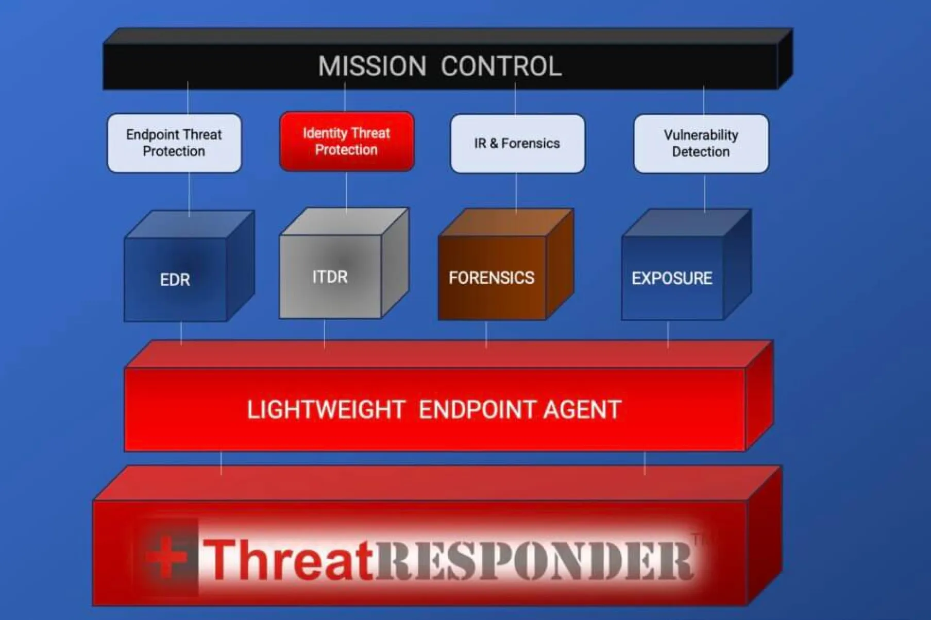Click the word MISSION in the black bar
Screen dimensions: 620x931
372,66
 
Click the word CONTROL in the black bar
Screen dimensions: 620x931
501,66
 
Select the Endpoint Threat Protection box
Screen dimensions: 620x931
174,143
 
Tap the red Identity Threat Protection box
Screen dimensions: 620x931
346,141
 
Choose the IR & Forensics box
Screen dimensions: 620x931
517,143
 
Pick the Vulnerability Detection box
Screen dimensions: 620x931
701,143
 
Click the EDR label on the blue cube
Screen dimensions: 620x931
175,280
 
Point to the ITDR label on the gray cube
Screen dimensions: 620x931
330,277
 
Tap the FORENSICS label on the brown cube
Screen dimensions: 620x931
491,278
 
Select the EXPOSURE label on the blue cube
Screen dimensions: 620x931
672,278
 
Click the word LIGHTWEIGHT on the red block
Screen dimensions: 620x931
326,410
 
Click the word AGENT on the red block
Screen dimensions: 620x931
582,410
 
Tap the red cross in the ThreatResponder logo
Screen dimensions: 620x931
166,557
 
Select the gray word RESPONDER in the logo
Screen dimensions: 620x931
533,560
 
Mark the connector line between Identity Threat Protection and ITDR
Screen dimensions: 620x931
346,191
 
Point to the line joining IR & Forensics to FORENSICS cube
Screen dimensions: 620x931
516,192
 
